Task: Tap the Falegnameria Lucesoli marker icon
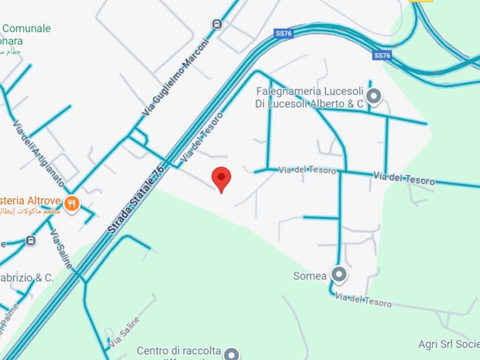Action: pos(374,96)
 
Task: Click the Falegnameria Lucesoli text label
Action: pos(309,97)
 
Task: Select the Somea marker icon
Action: pos(338,274)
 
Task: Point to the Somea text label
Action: pos(310,276)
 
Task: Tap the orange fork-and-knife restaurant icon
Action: pos(71,204)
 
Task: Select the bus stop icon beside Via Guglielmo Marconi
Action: pos(217,24)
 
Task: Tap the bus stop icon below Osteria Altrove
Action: pos(30,241)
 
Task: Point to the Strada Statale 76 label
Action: pos(136,199)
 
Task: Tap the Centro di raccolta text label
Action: pos(179,351)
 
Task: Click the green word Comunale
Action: pos(27,28)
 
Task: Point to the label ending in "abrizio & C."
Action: pos(27,277)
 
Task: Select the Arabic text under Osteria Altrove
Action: pos(31,211)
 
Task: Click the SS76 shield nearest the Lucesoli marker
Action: pos(382,55)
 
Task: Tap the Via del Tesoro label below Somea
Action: pos(364,300)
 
